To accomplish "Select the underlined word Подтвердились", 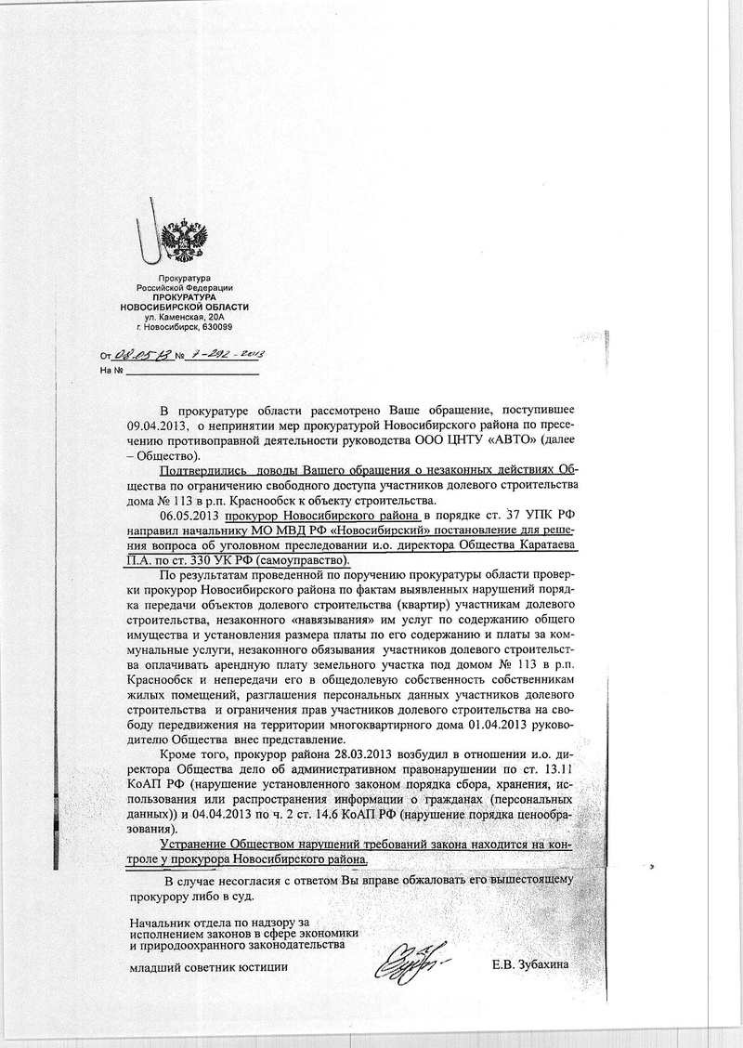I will (x=202, y=470).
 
